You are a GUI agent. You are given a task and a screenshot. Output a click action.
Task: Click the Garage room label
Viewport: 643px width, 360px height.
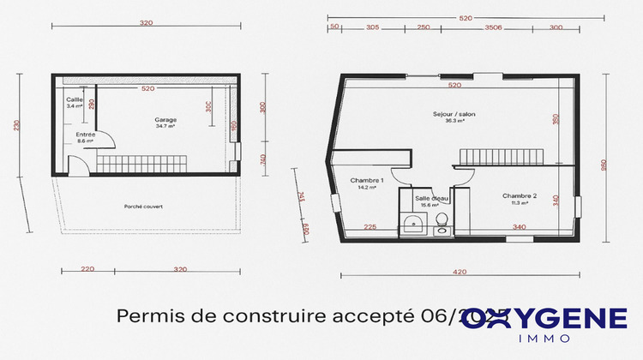(x=165, y=119)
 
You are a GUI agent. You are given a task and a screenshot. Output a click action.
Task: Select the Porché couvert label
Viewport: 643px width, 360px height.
(x=142, y=207)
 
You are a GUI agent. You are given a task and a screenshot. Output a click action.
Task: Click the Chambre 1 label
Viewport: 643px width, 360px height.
(x=367, y=180)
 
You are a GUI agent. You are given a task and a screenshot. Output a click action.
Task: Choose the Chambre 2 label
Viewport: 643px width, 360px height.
(x=520, y=196)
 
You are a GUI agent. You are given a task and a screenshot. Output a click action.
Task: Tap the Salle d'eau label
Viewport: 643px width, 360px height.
(x=427, y=198)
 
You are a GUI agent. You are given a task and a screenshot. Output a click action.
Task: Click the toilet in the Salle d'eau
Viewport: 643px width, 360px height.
(x=442, y=224)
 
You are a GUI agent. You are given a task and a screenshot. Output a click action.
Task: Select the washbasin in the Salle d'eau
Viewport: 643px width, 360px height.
(x=413, y=225)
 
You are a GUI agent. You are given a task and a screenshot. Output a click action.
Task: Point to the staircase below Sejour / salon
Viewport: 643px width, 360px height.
(x=502, y=157)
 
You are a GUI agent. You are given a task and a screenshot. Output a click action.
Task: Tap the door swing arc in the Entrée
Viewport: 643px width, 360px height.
(x=76, y=164)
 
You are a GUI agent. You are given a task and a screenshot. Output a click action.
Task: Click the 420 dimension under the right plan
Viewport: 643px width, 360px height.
(x=459, y=272)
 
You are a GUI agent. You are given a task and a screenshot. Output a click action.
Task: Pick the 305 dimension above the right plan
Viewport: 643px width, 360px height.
(x=372, y=28)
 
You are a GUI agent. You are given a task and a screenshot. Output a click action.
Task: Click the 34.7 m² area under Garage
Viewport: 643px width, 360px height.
(x=165, y=126)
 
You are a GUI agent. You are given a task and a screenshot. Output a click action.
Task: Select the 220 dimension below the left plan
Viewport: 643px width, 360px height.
(x=87, y=269)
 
